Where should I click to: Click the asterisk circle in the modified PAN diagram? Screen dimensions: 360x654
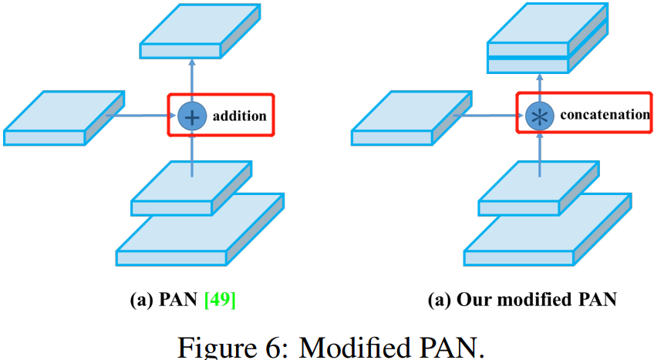pos(538,116)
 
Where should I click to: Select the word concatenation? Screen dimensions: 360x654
pos(604,115)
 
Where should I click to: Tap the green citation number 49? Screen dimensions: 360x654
pos(220,300)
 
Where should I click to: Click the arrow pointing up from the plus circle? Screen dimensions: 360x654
pos(190,81)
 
